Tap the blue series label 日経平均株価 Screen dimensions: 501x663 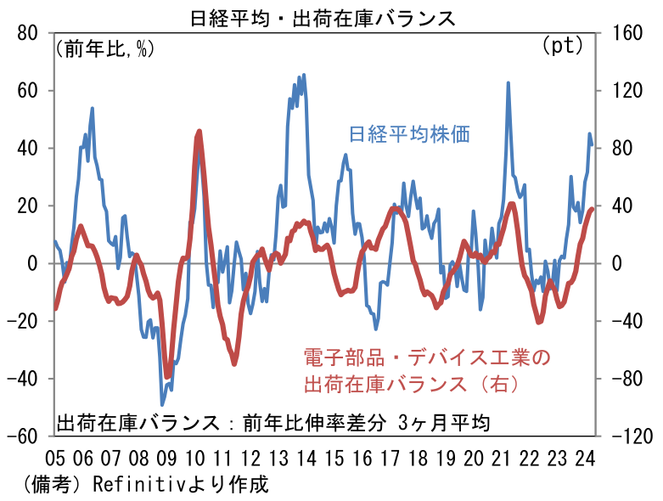click(x=410, y=133)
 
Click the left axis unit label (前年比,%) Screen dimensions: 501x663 click(x=104, y=48)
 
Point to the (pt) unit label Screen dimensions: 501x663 click(x=562, y=46)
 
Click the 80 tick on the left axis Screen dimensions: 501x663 click(x=27, y=33)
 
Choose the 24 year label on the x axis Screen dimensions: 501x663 click(x=584, y=459)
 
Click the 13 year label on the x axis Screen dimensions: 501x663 click(x=278, y=459)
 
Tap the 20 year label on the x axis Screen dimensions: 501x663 click(x=473, y=459)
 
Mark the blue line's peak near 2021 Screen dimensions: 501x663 click(x=508, y=83)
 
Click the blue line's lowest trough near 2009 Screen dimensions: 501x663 click(x=162, y=405)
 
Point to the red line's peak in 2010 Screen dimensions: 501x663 click(x=199, y=131)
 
